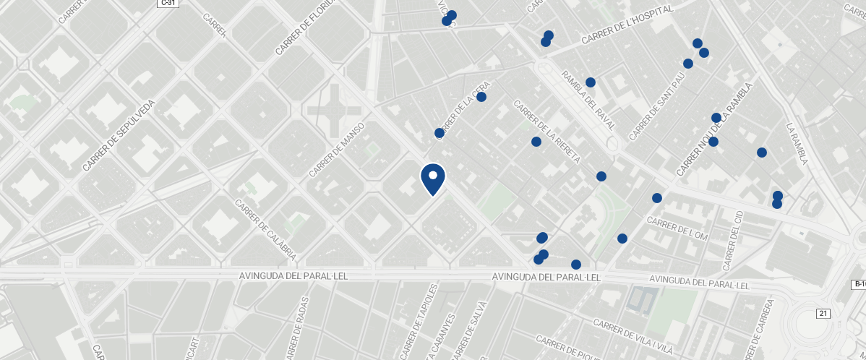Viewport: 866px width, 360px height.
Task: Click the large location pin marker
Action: tap(433, 179)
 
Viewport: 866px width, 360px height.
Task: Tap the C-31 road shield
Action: tap(168, 4)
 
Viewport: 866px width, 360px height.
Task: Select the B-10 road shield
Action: tap(858, 284)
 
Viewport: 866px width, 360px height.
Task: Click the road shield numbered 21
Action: tap(823, 313)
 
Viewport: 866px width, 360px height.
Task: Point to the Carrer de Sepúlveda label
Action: tap(119, 135)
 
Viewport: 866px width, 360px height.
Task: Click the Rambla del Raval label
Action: tap(588, 100)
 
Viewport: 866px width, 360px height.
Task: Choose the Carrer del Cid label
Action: tap(733, 241)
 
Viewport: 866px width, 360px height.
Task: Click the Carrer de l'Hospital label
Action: tap(627, 25)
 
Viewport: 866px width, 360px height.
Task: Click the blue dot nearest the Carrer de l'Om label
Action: tap(657, 198)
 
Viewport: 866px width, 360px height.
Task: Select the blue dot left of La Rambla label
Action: tap(761, 153)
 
